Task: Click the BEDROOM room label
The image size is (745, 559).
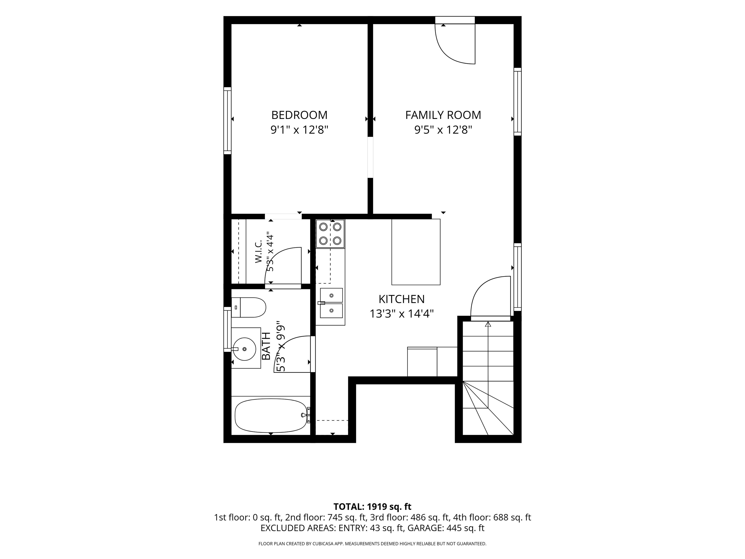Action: (300, 115)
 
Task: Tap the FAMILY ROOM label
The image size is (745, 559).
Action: (443, 115)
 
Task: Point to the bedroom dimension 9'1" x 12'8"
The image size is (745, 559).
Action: (300, 130)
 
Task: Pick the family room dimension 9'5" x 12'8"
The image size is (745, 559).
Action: (443, 130)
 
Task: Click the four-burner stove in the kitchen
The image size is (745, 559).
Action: (330, 234)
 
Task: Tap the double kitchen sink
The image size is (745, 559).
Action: (331, 303)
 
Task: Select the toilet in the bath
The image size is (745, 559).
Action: (249, 307)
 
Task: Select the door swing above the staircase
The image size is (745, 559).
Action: (478, 286)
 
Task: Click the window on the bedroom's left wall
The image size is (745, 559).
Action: (228, 121)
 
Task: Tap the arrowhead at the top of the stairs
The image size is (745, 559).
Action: (488, 324)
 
